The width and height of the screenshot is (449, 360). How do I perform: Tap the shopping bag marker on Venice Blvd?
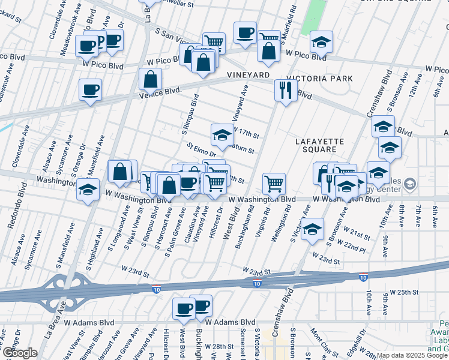click(x=149, y=79)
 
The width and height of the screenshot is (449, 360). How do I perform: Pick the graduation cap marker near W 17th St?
click(x=221, y=134)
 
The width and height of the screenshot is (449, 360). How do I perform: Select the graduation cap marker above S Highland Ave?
click(x=88, y=190)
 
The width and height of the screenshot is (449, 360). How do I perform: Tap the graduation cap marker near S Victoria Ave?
click(x=312, y=229)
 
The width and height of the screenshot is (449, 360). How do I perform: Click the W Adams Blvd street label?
click(x=231, y=322)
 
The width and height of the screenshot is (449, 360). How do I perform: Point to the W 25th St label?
click(x=403, y=292)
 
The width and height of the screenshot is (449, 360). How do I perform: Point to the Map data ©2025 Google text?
click(x=411, y=355)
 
